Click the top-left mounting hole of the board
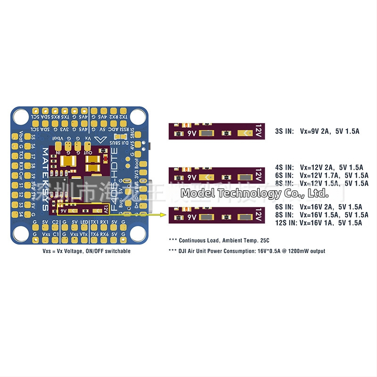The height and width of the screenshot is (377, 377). coord(21,116)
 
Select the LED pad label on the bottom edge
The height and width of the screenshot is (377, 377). coord(84,222)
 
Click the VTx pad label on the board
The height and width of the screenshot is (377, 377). coord(84,234)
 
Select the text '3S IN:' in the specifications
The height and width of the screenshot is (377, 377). coord(284,131)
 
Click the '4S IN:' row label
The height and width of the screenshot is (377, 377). coord(284,167)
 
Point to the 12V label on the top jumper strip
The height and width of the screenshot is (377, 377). coord(258,131)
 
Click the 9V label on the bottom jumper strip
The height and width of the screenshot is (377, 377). coord(192,217)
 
